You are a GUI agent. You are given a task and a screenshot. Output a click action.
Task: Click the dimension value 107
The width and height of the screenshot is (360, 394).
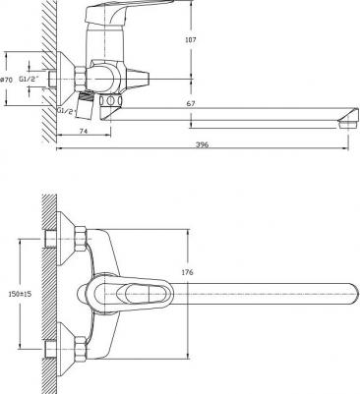tap(191, 40)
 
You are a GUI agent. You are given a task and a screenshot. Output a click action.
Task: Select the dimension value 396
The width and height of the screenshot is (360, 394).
tap(202, 144)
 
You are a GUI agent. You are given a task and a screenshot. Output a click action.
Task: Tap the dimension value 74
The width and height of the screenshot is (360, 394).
tap(84, 131)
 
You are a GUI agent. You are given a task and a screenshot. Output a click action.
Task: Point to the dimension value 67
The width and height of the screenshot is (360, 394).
tap(191, 103)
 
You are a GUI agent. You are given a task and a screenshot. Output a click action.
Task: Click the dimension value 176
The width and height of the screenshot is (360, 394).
tap(187, 272)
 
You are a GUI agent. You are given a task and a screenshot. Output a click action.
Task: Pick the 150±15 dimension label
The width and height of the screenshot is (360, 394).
tap(20, 294)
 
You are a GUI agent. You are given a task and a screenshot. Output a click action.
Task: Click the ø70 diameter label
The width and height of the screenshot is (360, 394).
tap(6, 80)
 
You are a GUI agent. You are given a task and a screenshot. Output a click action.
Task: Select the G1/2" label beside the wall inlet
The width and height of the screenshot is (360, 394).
tap(29, 79)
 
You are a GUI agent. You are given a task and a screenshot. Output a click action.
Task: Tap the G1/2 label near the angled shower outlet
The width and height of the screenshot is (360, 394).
tap(67, 110)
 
